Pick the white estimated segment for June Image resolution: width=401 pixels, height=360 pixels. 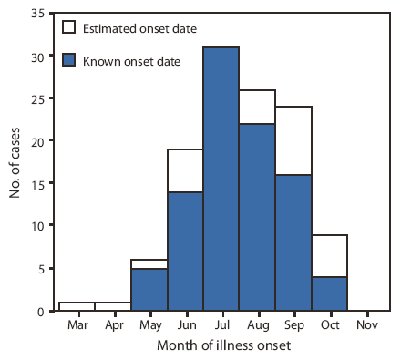click(185, 171)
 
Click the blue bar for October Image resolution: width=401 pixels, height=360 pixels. click(328, 293)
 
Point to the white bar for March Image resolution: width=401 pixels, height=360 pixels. click(77, 306)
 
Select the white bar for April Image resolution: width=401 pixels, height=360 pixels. click(113, 306)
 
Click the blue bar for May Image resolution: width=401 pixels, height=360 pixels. click(149, 290)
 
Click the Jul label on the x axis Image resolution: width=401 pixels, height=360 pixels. click(221, 324)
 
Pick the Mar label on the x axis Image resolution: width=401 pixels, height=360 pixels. click(77, 324)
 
